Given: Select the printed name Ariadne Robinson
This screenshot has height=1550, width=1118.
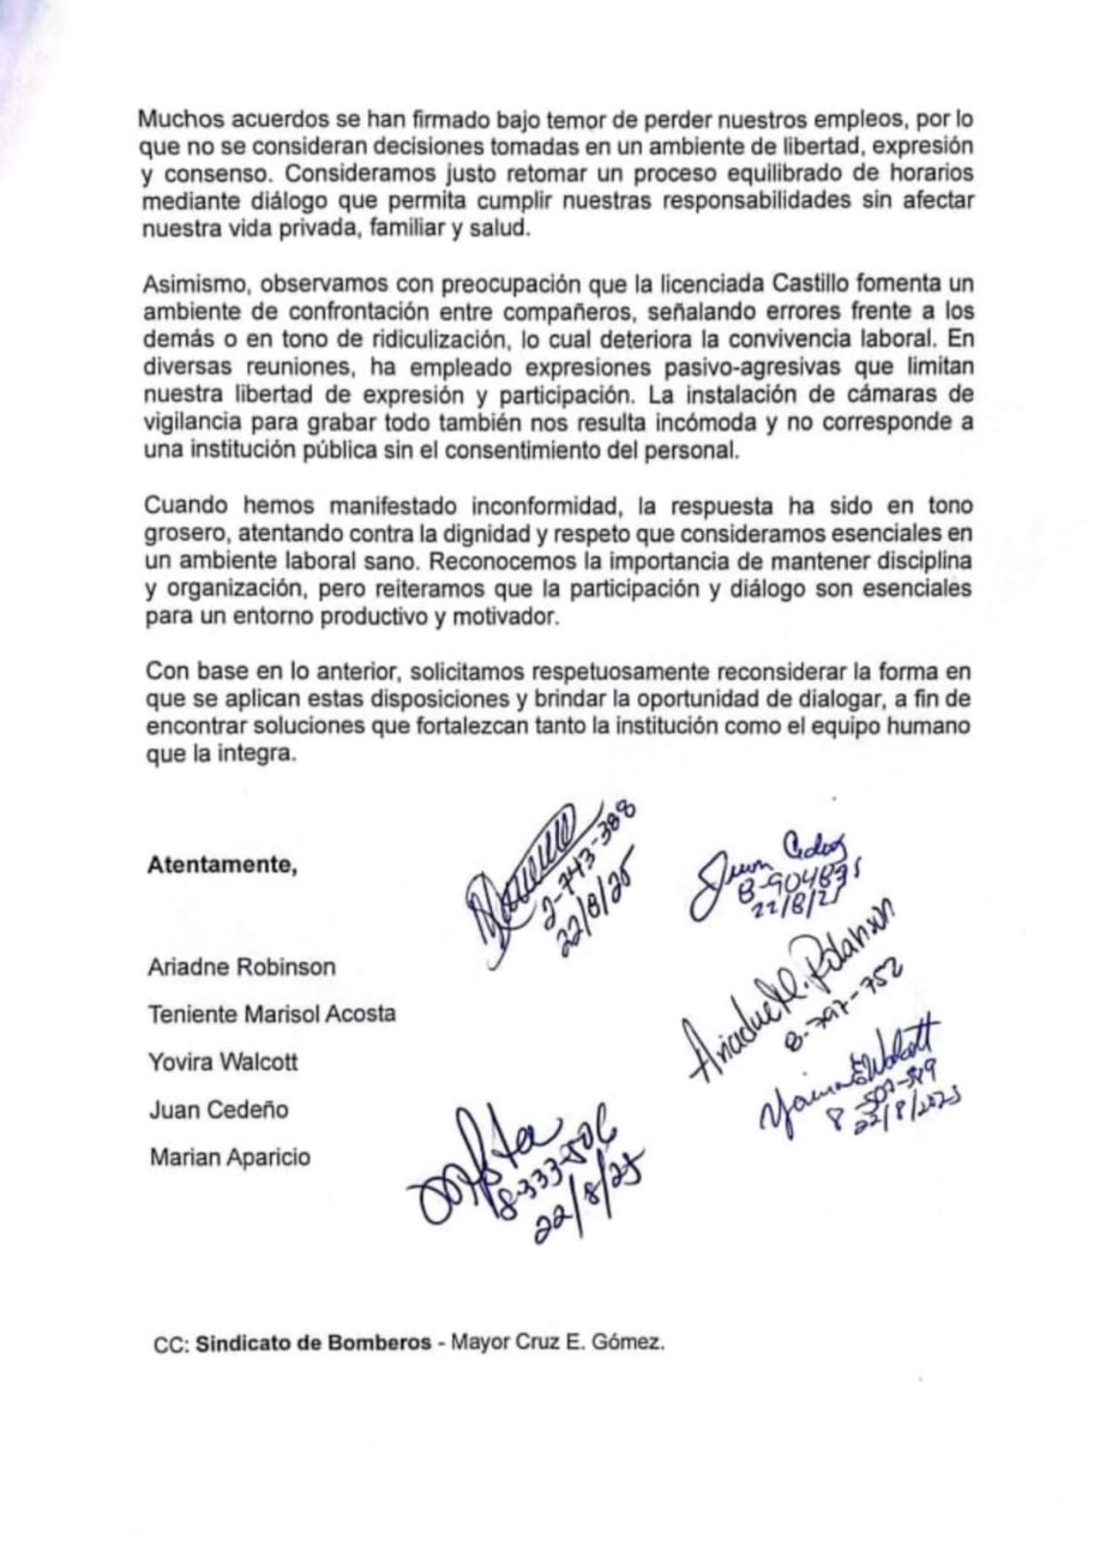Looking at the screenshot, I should (x=241, y=967).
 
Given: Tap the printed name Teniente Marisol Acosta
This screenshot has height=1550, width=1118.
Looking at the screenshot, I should (x=271, y=1014).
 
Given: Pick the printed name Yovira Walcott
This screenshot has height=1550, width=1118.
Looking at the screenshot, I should (x=223, y=1062).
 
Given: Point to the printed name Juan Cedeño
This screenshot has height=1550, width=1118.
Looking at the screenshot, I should (x=218, y=1109).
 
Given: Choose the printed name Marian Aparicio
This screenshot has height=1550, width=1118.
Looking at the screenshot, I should (x=229, y=1158).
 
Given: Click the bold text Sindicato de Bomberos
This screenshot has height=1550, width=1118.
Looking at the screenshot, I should (x=313, y=1343).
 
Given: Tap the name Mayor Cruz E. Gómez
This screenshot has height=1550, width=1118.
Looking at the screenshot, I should (x=557, y=1343).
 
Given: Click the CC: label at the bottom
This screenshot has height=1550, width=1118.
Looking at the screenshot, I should (x=172, y=1344).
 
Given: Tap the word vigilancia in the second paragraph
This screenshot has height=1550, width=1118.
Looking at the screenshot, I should (x=194, y=421).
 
